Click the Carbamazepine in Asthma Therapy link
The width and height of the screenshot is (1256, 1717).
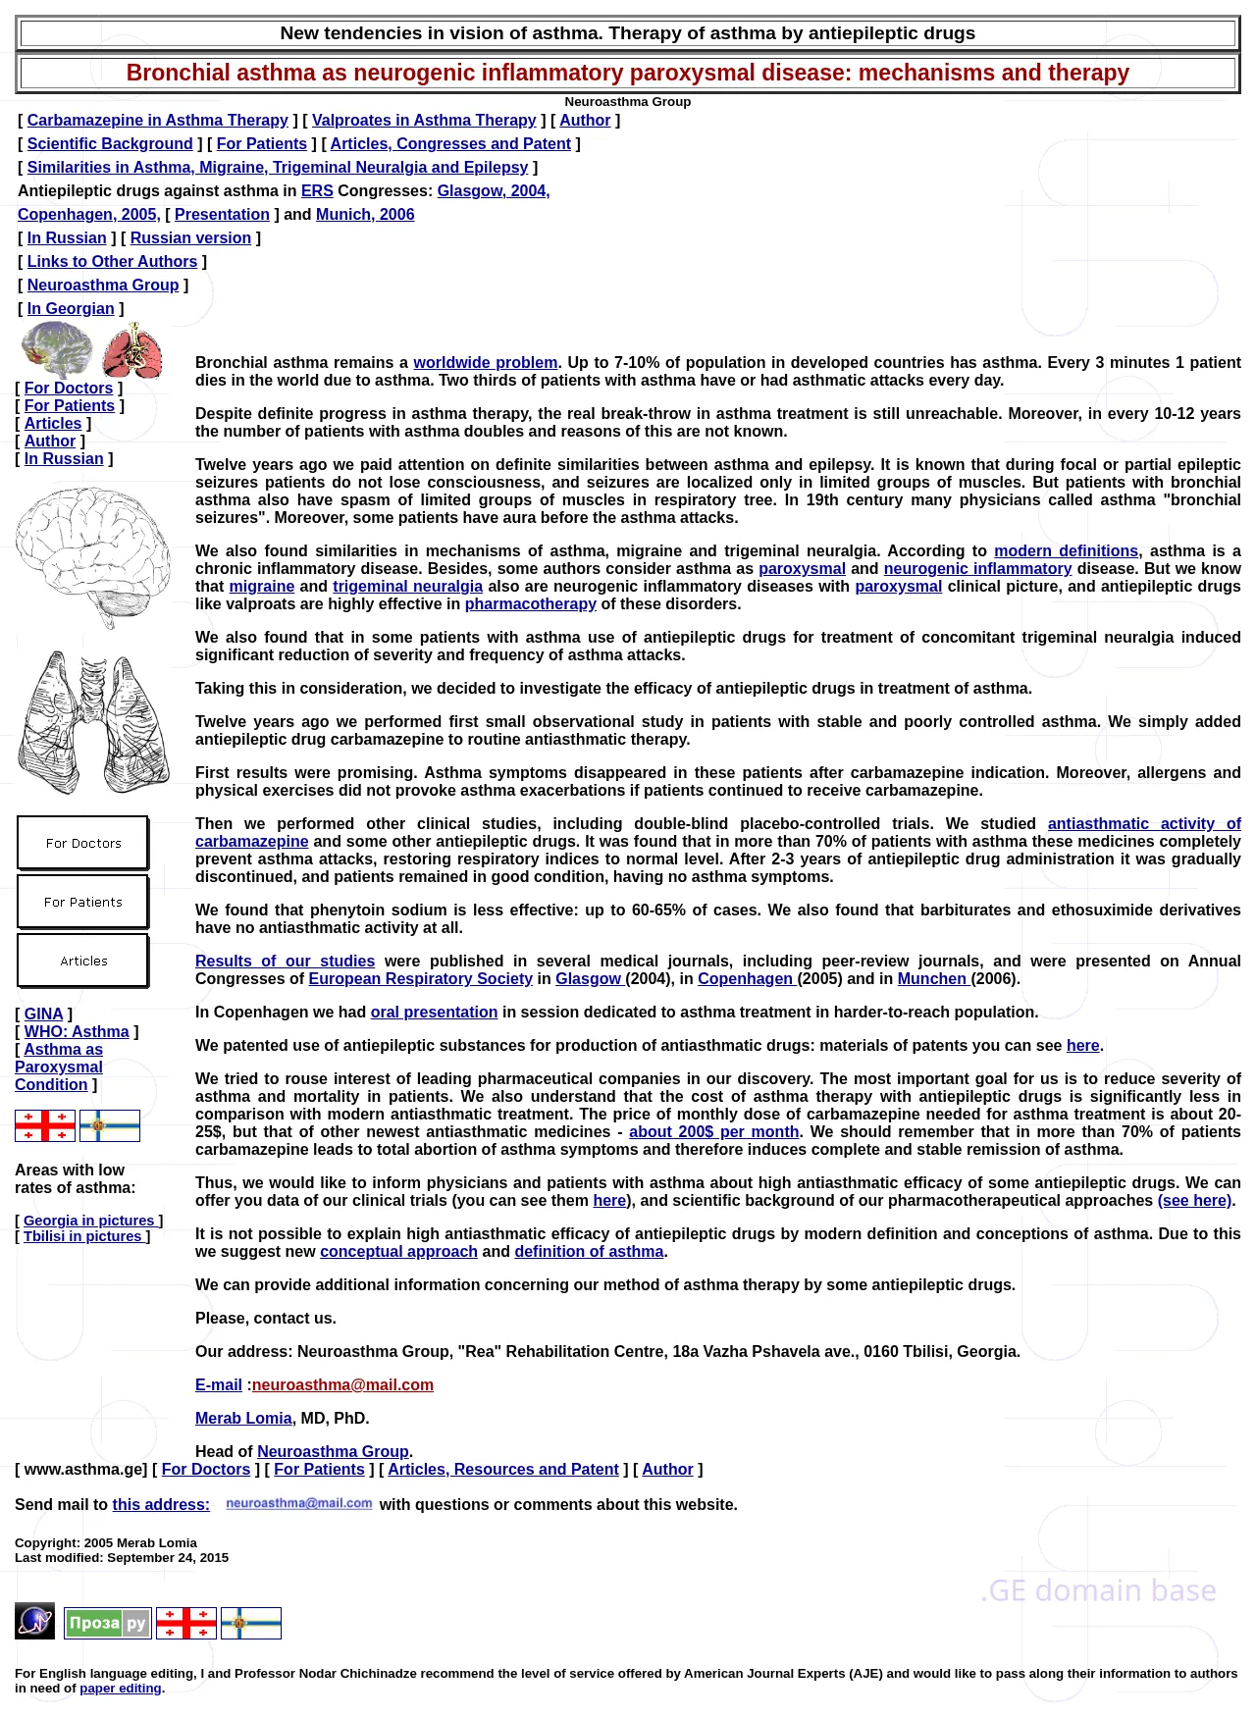(157, 120)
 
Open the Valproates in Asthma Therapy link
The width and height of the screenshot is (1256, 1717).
(424, 120)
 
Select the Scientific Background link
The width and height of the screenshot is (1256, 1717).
(110, 143)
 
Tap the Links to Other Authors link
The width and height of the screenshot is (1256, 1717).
(112, 261)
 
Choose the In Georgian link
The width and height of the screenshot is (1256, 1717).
(71, 308)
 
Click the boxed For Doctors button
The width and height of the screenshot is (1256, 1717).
(83, 843)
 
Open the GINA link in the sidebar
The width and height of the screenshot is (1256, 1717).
(43, 1014)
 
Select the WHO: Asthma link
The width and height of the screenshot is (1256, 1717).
(77, 1031)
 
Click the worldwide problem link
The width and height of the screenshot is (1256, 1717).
(485, 362)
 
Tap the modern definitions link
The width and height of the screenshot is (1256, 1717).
(1066, 550)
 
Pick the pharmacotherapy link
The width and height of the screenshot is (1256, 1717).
(530, 603)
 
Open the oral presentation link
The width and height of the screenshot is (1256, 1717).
(434, 1012)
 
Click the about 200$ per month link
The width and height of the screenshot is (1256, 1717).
(713, 1131)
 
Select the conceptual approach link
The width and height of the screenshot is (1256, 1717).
(398, 1251)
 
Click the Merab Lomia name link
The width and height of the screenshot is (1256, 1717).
(243, 1418)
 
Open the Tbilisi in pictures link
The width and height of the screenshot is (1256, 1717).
(82, 1236)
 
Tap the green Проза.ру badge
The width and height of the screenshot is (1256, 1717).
(108, 1623)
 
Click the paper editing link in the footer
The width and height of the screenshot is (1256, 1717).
(121, 1689)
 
